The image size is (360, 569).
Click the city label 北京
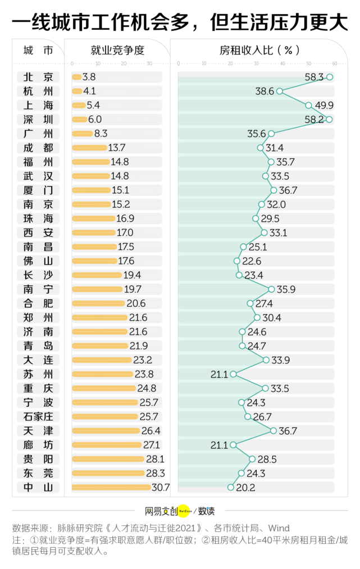[x=38, y=77]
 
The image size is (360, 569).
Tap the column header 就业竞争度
[x=117, y=51]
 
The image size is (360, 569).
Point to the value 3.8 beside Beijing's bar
[x=89, y=77]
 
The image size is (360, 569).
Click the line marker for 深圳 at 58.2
[x=330, y=119]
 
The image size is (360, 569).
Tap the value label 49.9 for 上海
[x=325, y=105]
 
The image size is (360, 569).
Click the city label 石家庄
[x=38, y=417]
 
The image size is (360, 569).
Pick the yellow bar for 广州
[x=82, y=134]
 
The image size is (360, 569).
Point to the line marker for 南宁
[x=272, y=289]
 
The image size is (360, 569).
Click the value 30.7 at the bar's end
[x=160, y=488]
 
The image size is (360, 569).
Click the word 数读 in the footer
[x=206, y=511]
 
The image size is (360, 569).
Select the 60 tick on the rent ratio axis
[x=335, y=63]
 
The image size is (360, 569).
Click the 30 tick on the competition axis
[x=149, y=63]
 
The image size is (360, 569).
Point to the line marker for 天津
[x=274, y=431]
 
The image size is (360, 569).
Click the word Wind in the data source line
[x=279, y=528]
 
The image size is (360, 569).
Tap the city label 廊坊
[x=38, y=445]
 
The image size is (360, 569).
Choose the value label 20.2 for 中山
[x=245, y=488]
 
